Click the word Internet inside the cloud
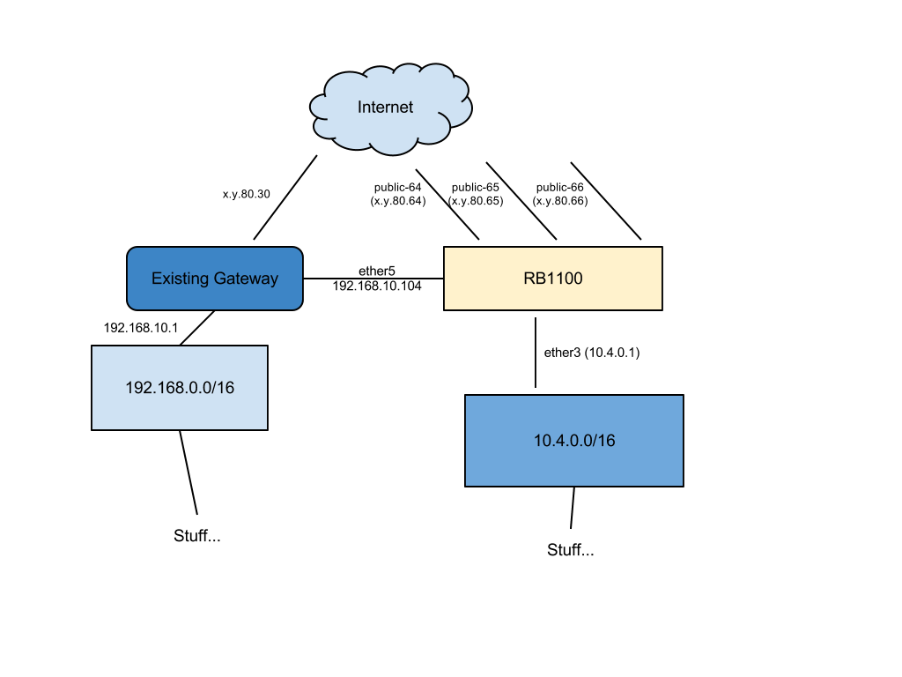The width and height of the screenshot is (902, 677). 385,108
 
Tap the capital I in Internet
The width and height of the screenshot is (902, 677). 359,108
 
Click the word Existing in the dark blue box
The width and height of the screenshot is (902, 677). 180,279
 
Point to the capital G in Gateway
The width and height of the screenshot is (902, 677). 218,279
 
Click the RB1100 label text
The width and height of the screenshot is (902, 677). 553,279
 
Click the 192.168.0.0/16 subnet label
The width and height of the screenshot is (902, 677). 180,388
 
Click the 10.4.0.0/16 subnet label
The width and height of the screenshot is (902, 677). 574,441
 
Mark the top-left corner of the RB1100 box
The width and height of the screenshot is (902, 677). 446,249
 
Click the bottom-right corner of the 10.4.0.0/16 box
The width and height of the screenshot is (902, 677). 681,484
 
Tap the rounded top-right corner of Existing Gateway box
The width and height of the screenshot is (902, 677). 299,251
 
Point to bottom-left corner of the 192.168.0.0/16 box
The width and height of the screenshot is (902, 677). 93,428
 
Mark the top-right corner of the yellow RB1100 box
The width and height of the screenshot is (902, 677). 660,249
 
